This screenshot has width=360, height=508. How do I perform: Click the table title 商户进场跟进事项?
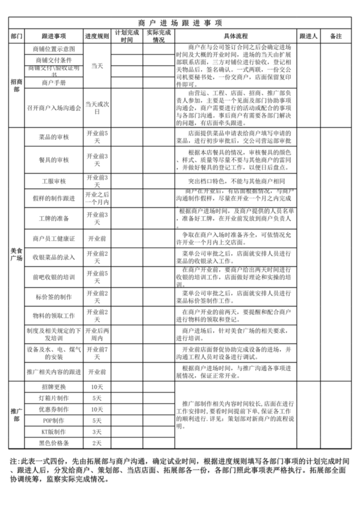[x=180, y=22]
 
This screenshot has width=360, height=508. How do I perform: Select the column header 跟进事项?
[x=54, y=36]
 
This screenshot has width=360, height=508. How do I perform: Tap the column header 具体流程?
[x=235, y=36]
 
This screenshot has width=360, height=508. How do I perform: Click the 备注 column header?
[x=336, y=36]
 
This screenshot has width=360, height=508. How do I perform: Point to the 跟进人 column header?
[x=308, y=36]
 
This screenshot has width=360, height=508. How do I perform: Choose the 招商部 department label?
[x=17, y=85]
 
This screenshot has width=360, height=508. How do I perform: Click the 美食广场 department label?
[x=17, y=254]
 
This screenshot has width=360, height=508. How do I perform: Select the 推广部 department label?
[x=17, y=414]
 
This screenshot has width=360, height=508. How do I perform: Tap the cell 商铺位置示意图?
[x=54, y=49]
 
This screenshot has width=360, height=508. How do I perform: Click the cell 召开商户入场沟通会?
[x=54, y=108]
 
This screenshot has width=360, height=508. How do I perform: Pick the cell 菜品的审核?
[x=54, y=137]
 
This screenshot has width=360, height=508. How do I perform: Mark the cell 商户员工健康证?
[x=54, y=238]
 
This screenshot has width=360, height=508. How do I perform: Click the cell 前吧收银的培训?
[x=54, y=277]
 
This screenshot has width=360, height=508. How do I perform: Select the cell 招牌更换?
[x=54, y=387]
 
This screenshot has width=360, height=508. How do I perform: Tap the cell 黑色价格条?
[x=54, y=443]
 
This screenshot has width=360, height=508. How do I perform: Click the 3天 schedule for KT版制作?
[x=97, y=432]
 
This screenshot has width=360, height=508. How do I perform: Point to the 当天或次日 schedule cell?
[x=97, y=108]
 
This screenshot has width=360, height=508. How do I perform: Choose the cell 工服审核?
[x=54, y=181]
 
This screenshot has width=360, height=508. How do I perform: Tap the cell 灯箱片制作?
[x=54, y=398]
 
